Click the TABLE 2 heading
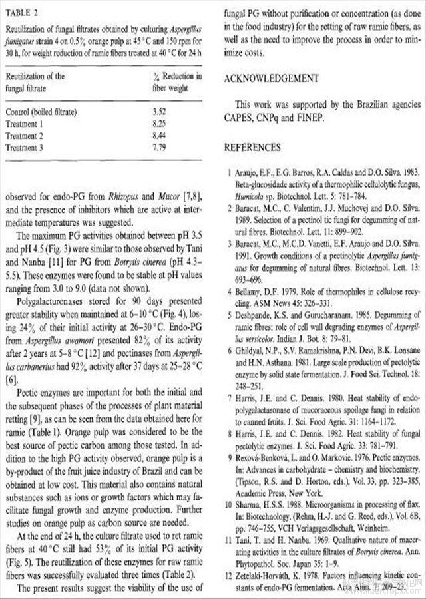22,11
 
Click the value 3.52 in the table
158,111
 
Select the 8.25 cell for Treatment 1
158,124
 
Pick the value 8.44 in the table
158,136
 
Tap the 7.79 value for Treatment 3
158,148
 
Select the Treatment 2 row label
27,136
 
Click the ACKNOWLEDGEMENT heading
272,79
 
